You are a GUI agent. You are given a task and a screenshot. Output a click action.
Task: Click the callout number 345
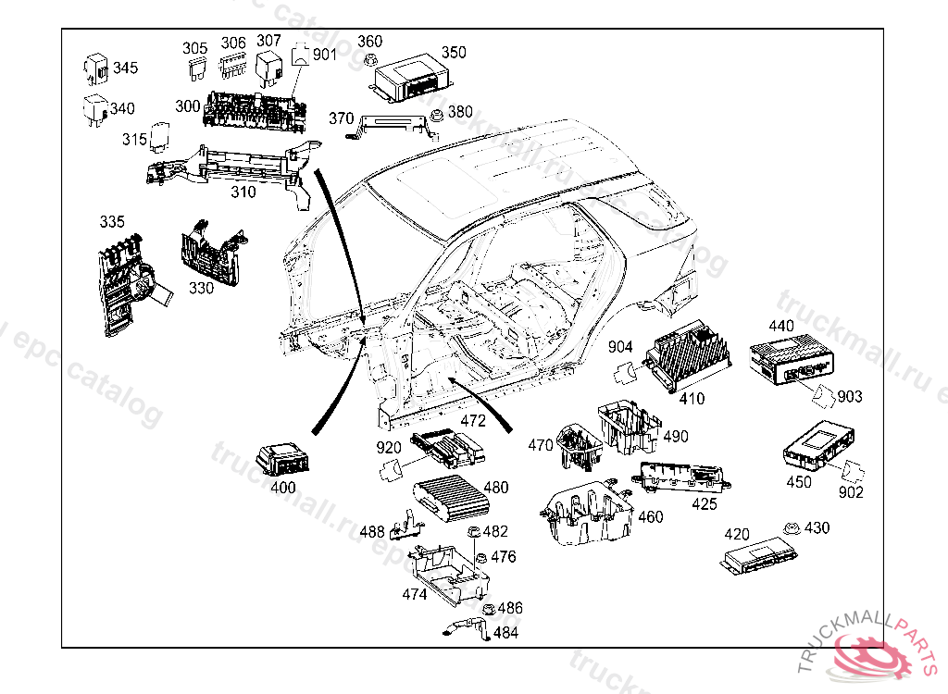point(125,68)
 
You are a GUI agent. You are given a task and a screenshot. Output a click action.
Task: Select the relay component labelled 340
point(96,107)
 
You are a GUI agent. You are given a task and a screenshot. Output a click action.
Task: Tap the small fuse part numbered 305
point(194,68)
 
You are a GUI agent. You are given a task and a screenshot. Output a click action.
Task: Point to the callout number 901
point(325,55)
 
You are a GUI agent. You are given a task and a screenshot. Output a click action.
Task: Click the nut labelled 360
point(368,63)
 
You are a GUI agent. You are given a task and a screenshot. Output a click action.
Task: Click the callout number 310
point(243,192)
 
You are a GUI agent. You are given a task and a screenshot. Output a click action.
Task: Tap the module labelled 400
point(284,458)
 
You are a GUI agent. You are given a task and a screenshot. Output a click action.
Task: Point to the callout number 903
point(849,397)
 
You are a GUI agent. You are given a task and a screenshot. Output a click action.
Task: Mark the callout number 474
point(415,594)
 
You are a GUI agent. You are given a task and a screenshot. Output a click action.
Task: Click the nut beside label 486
point(488,609)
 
